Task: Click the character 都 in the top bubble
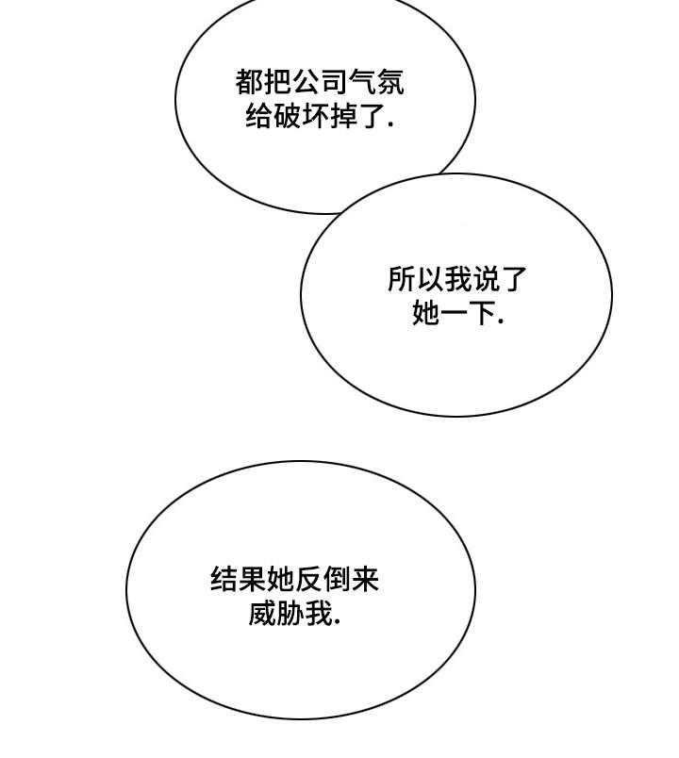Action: pos(250,81)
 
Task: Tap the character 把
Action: pos(277,81)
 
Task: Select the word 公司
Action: pos(320,81)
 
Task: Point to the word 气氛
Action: pos(376,81)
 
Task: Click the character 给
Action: pos(259,117)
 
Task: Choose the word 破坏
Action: pos(301,117)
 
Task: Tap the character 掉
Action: pos(344,117)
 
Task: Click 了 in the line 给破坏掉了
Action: pos(372,117)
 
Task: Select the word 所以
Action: pos(416,279)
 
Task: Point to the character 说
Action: pos(485,279)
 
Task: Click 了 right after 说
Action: pos(513,279)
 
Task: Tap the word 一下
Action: pos(467,313)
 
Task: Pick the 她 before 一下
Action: pos(425,313)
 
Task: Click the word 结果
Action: pos(239,580)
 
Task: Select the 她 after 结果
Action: pos(280,580)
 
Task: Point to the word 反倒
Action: pos(323,580)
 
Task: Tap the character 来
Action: pos(365,580)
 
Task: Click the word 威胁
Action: pos(276,615)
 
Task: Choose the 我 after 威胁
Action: pos(319,615)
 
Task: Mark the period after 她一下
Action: pos(500,321)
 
